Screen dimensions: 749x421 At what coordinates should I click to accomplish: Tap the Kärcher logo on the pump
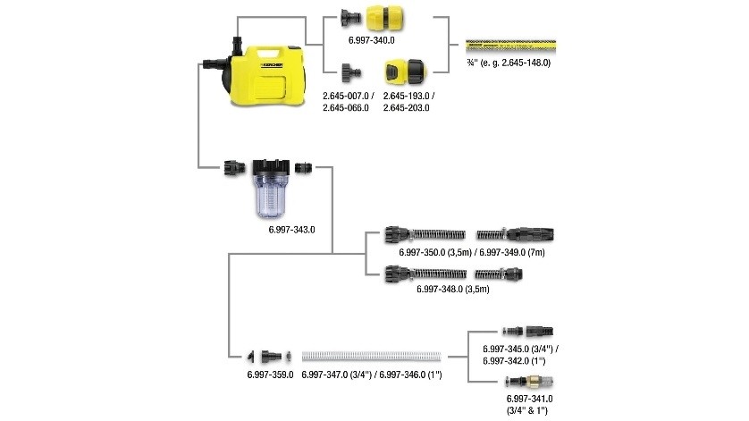272,65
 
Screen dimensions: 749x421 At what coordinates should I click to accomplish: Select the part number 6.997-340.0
372,40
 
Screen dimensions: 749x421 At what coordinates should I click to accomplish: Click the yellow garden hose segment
510,46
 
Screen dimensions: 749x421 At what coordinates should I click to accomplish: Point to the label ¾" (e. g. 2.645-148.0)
509,63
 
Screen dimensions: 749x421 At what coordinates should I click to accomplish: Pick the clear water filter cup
271,196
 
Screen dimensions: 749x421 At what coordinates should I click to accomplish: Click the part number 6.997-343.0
291,230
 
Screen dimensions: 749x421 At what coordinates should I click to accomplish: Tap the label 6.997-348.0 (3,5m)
453,289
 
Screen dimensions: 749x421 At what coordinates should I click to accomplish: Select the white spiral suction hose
371,357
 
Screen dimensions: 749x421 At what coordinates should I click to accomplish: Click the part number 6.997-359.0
270,375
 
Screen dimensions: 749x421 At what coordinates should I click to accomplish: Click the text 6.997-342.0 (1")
514,361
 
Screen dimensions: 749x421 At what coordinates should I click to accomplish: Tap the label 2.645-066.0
346,108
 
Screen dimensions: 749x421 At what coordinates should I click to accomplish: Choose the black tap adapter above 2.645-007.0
351,73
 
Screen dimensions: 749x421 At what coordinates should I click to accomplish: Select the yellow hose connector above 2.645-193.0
404,72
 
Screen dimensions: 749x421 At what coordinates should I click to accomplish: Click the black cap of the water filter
271,167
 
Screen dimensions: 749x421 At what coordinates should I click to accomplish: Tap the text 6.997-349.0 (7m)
512,252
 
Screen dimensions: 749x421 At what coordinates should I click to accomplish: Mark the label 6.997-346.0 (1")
411,375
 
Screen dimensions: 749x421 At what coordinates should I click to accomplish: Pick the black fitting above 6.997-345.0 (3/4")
528,331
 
